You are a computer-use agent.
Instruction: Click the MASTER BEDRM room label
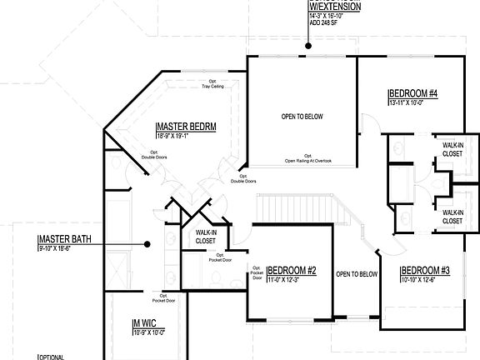(x=187, y=126)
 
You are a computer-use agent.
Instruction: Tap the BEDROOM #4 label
(x=414, y=92)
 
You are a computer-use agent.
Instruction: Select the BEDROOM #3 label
(x=426, y=270)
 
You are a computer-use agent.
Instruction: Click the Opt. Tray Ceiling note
(x=209, y=83)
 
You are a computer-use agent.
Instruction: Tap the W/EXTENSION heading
(x=336, y=7)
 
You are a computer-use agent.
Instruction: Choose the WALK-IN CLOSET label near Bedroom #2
(x=205, y=237)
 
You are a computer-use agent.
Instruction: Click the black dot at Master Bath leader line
(x=147, y=244)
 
